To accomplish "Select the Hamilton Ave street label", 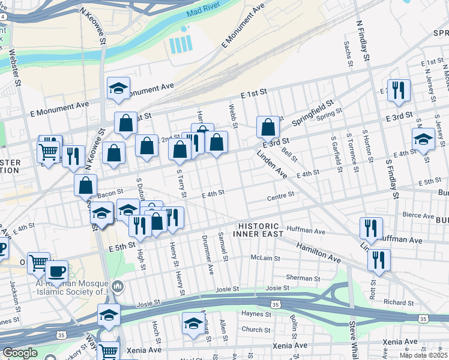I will click(x=318, y=251).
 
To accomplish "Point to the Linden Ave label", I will click(x=272, y=164).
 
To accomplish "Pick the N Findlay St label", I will click(x=362, y=41).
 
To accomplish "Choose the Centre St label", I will click(x=280, y=195).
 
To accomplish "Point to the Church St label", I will click(x=256, y=329).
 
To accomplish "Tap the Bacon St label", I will click(x=110, y=193).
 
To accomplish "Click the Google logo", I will click(x=20, y=353).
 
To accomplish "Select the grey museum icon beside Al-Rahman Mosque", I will click(x=117, y=287).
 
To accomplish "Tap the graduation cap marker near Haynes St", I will click(x=193, y=323).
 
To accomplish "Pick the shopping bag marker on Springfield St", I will click(x=268, y=127).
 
